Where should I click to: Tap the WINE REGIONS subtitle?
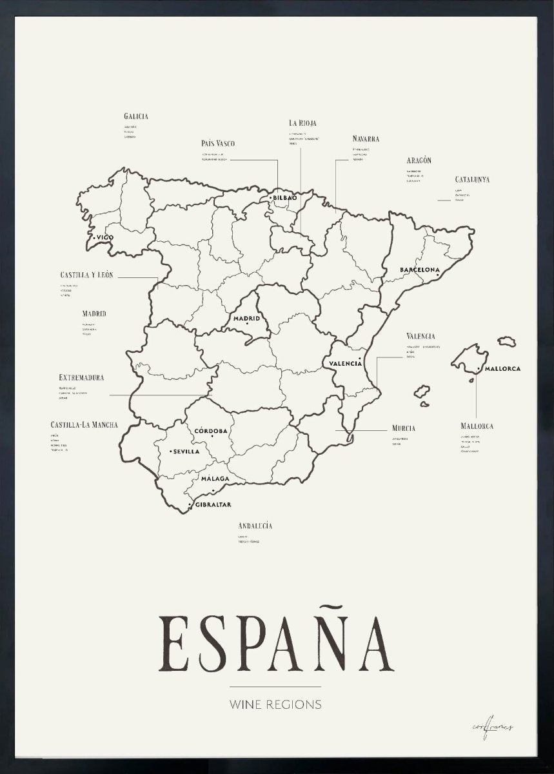click(x=275, y=704)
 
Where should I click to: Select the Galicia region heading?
click(x=136, y=117)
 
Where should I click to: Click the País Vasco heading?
click(x=217, y=143)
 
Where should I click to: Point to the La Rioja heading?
click(x=302, y=123)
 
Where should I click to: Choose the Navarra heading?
click(x=366, y=139)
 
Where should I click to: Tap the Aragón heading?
click(x=419, y=161)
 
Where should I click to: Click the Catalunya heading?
click(x=471, y=180)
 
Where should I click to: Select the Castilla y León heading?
click(x=86, y=275)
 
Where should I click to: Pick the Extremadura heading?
click(x=81, y=377)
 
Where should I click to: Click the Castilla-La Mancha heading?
click(x=84, y=425)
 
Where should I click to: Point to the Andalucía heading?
click(x=255, y=526)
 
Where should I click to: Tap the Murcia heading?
click(x=403, y=428)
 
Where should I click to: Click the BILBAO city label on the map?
click(x=284, y=197)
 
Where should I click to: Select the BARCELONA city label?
click(x=419, y=270)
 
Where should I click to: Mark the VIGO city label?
click(x=104, y=237)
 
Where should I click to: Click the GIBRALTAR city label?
click(x=212, y=504)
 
